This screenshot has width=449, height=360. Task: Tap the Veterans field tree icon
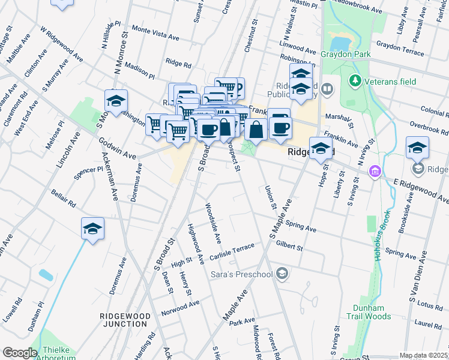point(355,80)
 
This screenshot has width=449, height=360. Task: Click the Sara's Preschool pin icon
point(282,274)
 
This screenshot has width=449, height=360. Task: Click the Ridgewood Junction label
point(125,319)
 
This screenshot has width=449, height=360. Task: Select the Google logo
point(19,353)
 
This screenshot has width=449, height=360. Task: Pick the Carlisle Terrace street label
point(233,253)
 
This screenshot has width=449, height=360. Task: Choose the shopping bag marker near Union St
point(256,129)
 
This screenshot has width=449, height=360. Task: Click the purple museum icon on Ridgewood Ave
point(375,172)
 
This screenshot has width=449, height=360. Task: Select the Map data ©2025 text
point(423,355)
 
